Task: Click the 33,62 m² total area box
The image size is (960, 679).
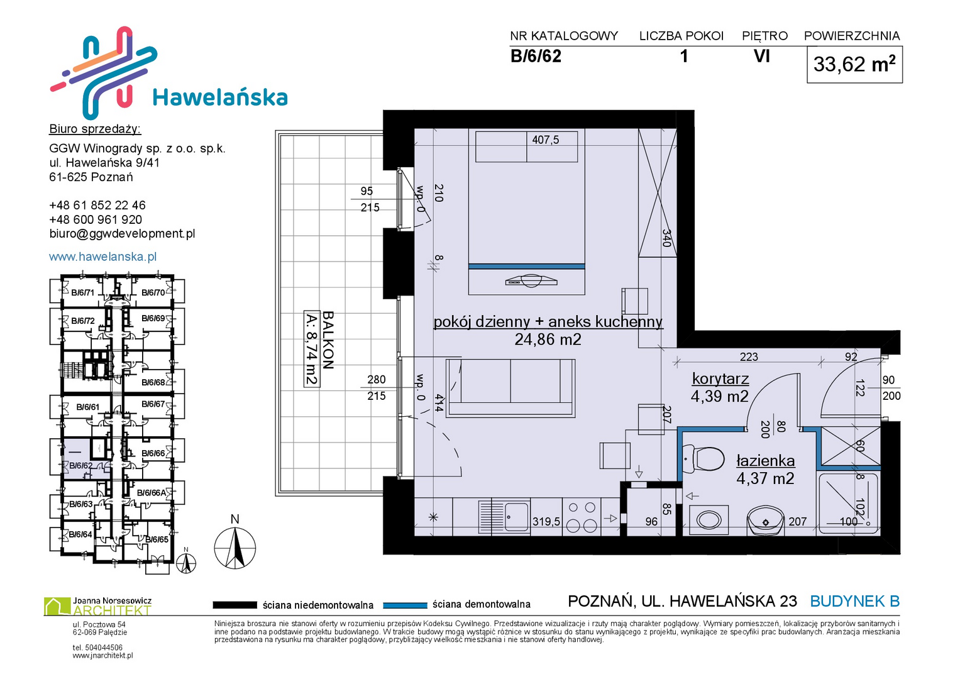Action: pos(854,64)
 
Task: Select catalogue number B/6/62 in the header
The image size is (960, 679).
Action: pos(536,56)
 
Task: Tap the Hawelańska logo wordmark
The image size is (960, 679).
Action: pos(220,97)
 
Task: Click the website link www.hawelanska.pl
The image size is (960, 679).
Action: pos(103,257)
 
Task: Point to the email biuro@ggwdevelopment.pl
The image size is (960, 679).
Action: pos(122,234)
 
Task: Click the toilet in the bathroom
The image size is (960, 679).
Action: pos(702,460)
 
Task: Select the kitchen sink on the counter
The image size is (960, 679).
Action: pos(504,517)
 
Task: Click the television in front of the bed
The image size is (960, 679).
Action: pos(531,281)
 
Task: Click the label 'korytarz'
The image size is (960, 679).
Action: pos(720,378)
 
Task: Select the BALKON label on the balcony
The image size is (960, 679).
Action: pos(328,340)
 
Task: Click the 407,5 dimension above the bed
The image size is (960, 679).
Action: pos(546,140)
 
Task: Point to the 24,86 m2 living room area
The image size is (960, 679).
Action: pos(548,339)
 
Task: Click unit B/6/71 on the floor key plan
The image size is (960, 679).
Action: pos(83,293)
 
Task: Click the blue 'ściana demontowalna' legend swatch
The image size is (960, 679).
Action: pos(405,605)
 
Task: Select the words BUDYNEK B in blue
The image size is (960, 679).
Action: pos(854,602)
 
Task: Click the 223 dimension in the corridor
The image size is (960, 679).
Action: pos(749,356)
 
